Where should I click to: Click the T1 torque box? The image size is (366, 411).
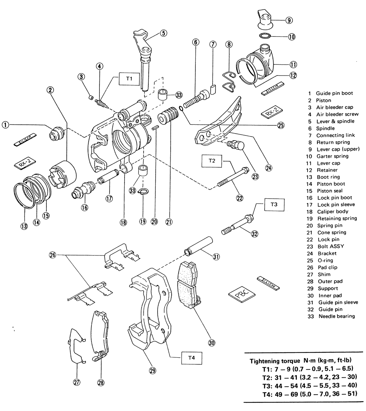(129, 79)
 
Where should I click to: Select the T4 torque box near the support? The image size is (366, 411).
(191, 358)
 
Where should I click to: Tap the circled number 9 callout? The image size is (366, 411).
(289, 20)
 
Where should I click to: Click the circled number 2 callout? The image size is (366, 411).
(50, 90)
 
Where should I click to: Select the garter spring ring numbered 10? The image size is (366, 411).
(265, 35)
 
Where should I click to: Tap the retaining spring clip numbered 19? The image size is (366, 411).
(143, 191)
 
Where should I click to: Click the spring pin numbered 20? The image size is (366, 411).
(155, 128)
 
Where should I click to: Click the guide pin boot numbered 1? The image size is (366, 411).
(57, 133)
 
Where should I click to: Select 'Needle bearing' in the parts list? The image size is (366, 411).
(336, 316)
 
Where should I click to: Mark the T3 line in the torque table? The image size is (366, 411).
(309, 386)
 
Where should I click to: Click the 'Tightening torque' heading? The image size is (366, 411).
(274, 361)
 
